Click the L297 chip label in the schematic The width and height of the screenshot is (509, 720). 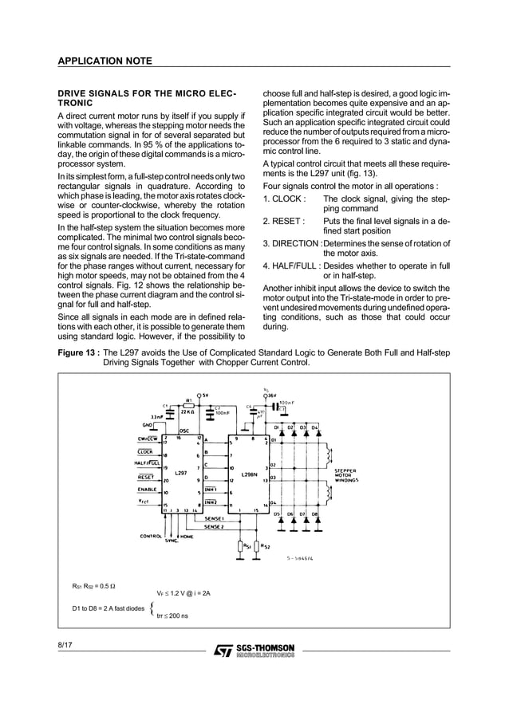181,473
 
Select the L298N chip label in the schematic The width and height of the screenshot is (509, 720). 248,473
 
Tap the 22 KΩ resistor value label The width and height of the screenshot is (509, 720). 188,412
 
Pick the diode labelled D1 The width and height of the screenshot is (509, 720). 276,427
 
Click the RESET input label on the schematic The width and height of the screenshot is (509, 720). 146,478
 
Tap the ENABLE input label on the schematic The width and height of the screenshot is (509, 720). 147,489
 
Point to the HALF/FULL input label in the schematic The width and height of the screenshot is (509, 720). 146,462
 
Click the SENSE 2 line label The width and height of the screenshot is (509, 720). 214,526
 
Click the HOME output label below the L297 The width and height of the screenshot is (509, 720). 186,537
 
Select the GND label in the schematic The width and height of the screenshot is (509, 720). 148,426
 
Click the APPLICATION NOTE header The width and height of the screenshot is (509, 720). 100,61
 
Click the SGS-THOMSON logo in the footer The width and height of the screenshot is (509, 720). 254,651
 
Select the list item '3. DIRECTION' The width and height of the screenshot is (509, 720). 292,244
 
